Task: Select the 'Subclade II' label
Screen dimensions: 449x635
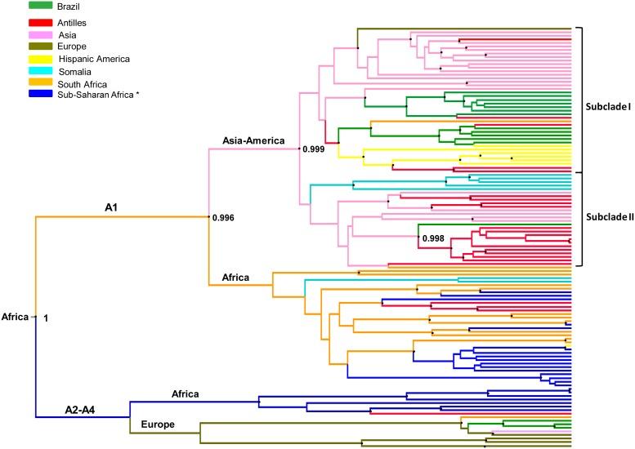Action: tap(608, 218)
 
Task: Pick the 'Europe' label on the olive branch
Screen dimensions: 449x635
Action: tap(159, 425)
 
